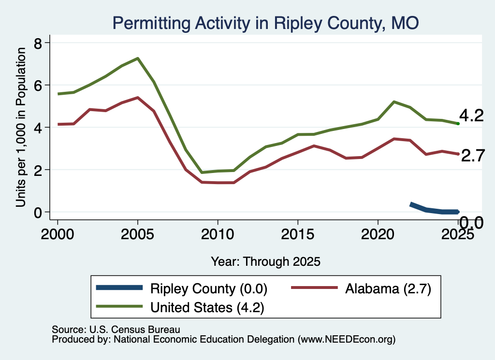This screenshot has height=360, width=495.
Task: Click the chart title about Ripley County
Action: click(265, 23)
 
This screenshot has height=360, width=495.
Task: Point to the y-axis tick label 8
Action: click(38, 43)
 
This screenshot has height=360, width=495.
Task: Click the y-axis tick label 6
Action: click(38, 86)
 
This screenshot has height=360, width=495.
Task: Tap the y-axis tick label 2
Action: click(38, 170)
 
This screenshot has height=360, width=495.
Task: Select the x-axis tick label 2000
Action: click(58, 234)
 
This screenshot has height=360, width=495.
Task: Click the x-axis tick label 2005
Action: click(137, 234)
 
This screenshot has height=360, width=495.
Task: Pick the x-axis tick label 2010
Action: click(218, 234)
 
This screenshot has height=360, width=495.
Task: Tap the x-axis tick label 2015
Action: click(297, 234)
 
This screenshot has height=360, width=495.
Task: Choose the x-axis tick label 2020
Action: click(378, 234)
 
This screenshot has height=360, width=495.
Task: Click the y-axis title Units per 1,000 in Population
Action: click(21, 127)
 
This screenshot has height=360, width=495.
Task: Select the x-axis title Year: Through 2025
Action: click(265, 261)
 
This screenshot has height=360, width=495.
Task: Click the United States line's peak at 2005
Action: click(138, 58)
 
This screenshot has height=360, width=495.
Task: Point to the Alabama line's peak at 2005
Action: click(138, 98)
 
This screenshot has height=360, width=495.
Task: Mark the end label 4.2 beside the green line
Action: click(471, 115)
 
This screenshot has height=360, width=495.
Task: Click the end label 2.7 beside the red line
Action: click(473, 156)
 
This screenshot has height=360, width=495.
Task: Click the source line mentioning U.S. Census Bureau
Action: click(116, 330)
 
